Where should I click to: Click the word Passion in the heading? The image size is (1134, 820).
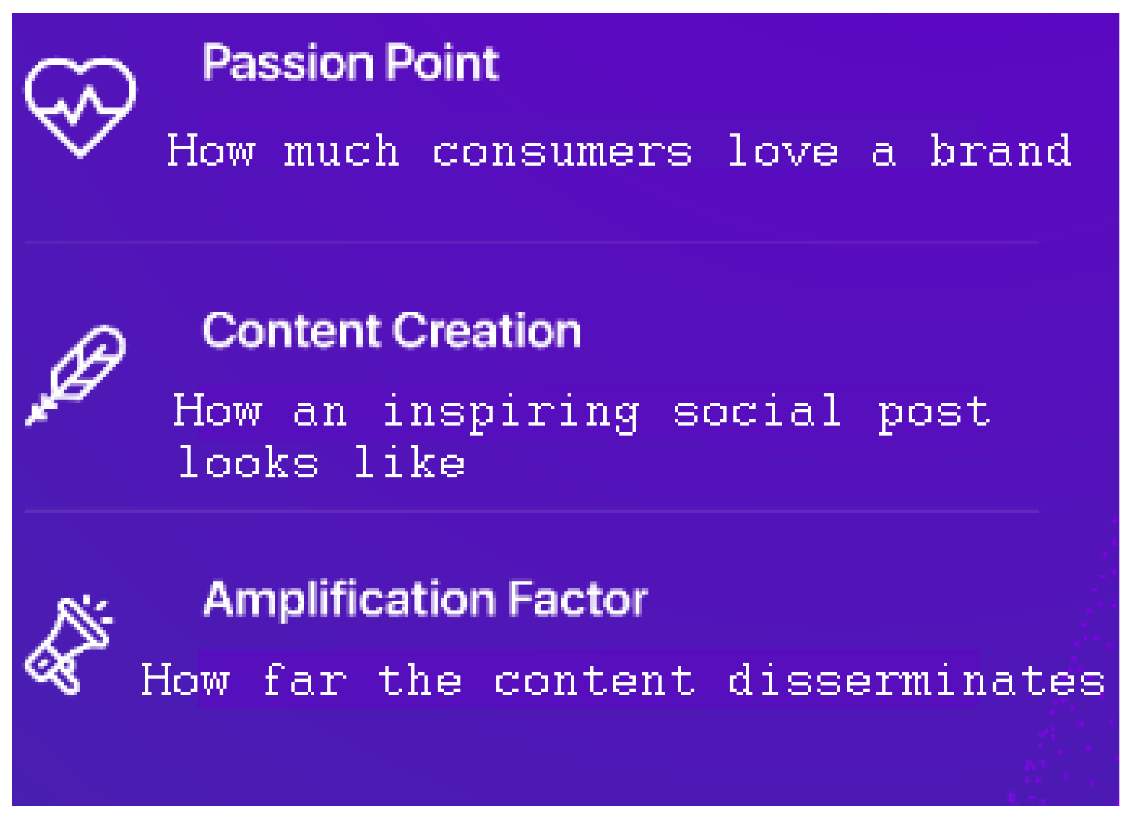pyautogui.click(x=286, y=63)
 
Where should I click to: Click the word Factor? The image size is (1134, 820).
pyautogui.click(x=578, y=600)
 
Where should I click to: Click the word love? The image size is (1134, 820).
pyautogui.click(x=783, y=150)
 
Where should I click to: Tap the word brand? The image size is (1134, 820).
pyautogui.click(x=1000, y=150)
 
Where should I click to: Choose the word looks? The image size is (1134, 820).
pyautogui.click(x=248, y=463)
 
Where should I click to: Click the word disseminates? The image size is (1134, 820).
pyautogui.click(x=916, y=680)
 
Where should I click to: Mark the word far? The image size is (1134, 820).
pyautogui.click(x=305, y=680)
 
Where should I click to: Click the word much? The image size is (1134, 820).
pyautogui.click(x=342, y=150)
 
